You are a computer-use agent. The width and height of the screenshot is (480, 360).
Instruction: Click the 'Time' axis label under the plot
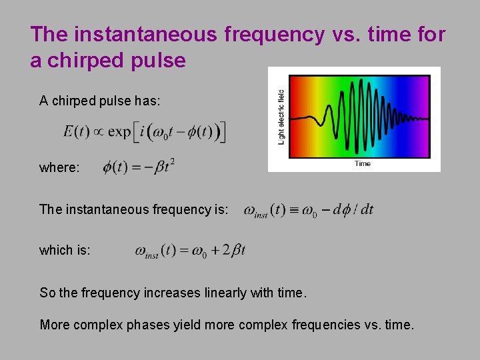tap(362, 164)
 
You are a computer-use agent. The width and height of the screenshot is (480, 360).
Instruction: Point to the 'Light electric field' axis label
tap(281, 117)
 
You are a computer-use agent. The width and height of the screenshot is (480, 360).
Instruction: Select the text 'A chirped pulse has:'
tap(99, 101)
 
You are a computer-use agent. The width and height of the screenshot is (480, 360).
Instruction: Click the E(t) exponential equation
tap(145, 131)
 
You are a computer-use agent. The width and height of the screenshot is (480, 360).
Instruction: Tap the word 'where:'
tap(59, 168)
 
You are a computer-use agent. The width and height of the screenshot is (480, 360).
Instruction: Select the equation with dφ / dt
tap(309, 210)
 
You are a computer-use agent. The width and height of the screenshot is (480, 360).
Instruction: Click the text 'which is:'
tap(65, 250)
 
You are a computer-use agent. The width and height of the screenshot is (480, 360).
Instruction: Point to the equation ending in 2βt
tap(190, 251)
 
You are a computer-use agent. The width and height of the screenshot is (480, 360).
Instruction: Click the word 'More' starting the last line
tap(54, 325)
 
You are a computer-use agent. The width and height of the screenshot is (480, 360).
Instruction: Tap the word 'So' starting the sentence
tap(47, 293)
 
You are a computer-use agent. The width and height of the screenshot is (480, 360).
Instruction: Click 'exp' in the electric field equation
tap(119, 131)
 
